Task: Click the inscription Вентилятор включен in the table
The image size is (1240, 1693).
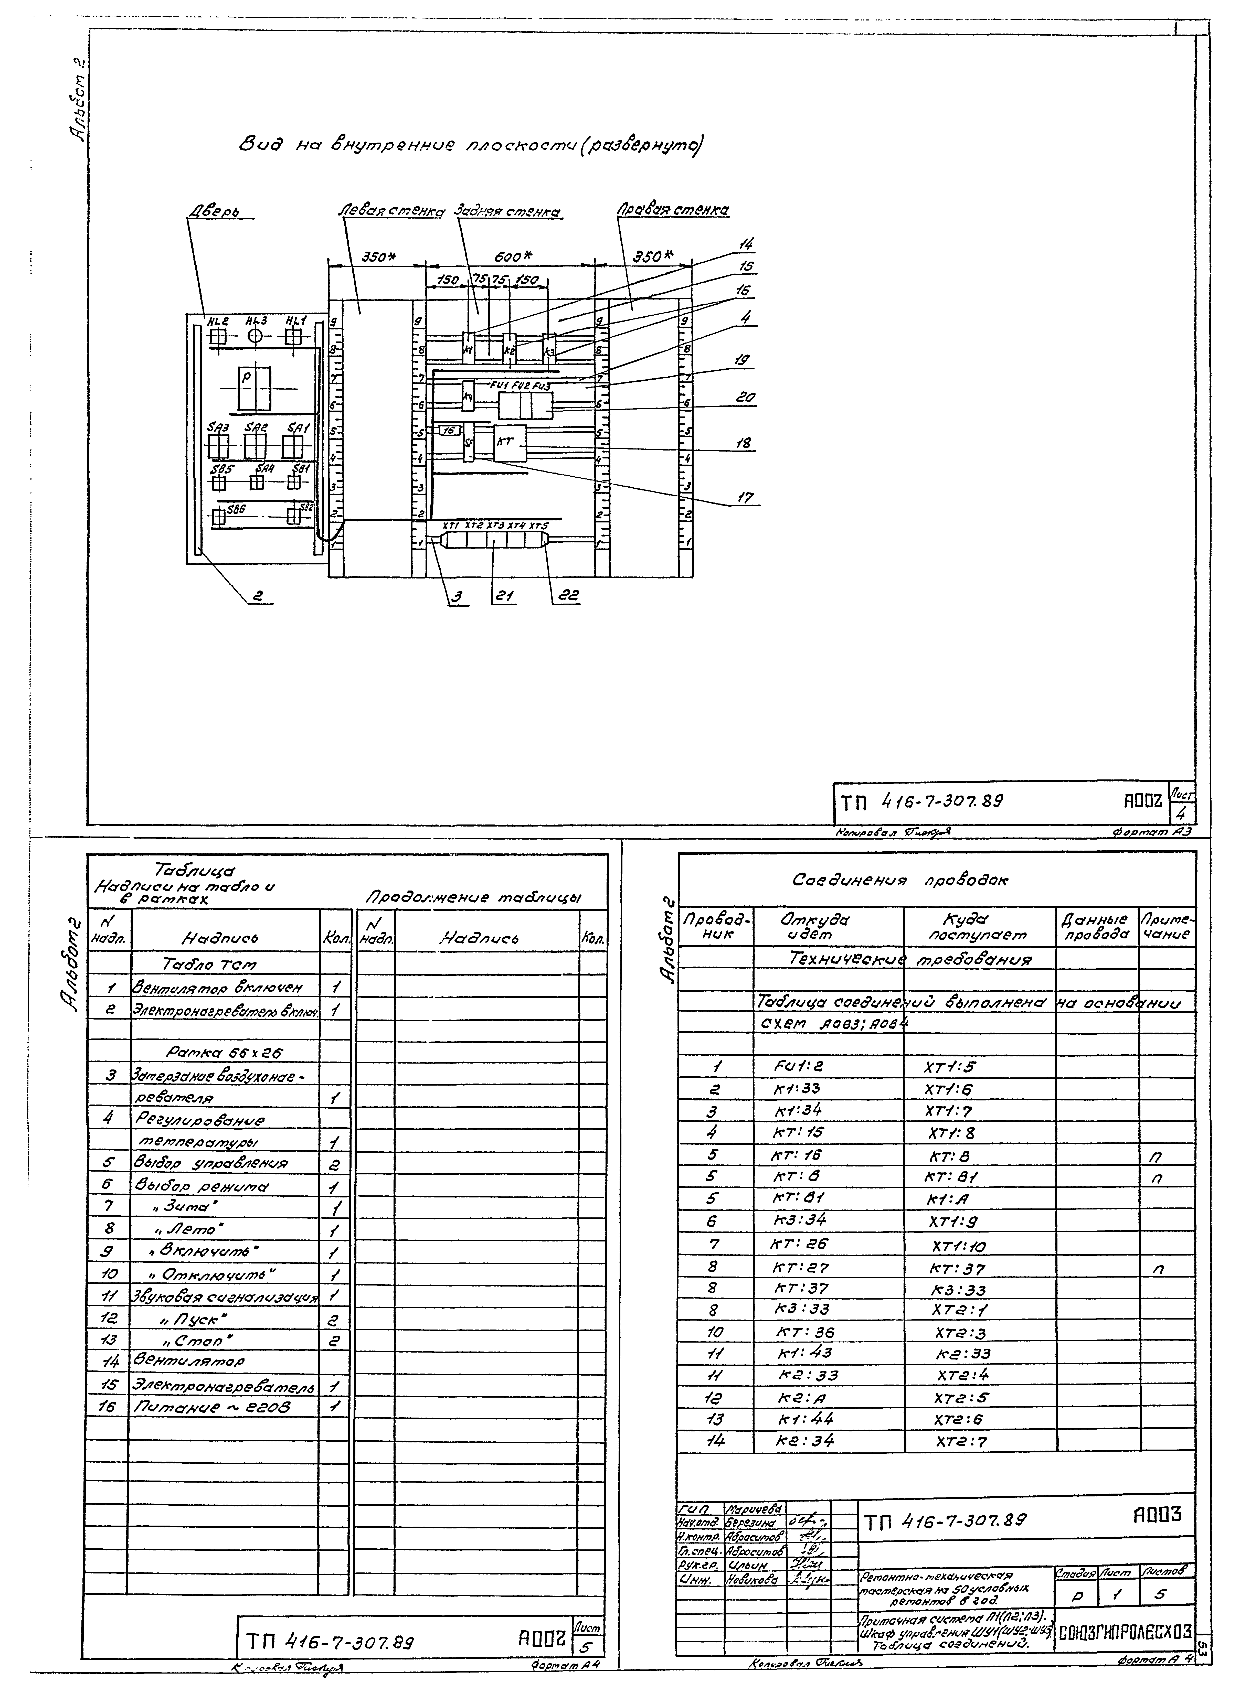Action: pos(218,988)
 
